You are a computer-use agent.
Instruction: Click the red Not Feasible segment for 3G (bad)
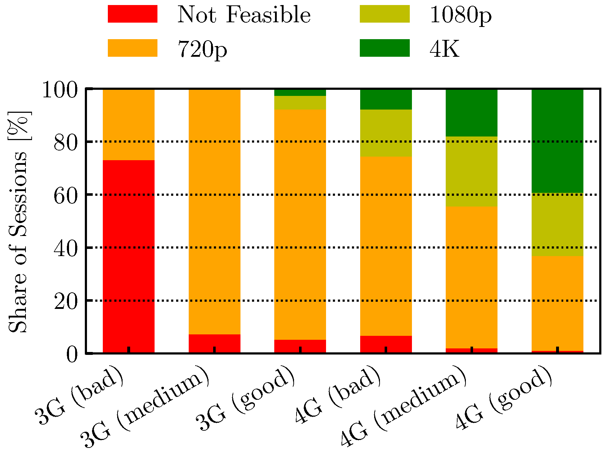pos(129,256)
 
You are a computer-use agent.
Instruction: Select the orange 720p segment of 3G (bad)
pos(129,125)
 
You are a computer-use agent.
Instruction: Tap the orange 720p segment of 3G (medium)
pos(215,212)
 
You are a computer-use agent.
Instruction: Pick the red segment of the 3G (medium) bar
pos(215,343)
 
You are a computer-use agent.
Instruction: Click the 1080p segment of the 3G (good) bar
pos(300,103)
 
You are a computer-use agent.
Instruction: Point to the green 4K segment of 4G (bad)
pos(386,99)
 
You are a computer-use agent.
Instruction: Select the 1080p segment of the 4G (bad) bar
pos(386,133)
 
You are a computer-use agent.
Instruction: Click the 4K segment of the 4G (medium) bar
pos(472,113)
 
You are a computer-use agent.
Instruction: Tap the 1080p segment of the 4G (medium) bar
pos(472,171)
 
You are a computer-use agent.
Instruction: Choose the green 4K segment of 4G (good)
pos(558,141)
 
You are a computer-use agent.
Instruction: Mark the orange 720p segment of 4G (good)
pos(558,304)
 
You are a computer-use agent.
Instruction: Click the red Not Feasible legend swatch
pos(133,14)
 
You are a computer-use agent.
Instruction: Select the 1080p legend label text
pos(461,15)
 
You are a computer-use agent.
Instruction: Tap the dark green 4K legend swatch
pos(385,48)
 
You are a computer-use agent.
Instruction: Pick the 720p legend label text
pos(202,50)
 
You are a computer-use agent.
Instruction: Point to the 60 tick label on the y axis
pos(65,195)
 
